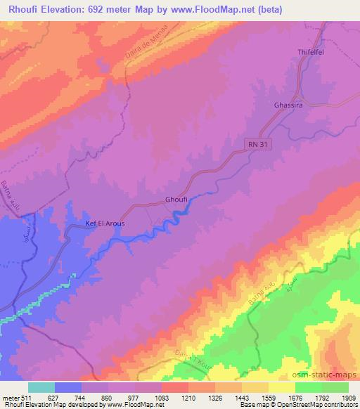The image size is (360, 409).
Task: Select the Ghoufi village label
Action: click(176, 199)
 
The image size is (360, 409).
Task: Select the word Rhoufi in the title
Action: click(22, 9)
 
